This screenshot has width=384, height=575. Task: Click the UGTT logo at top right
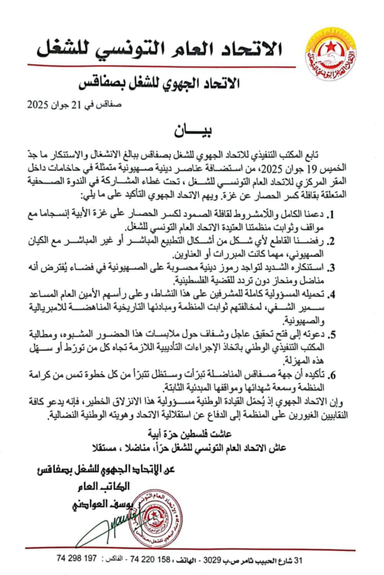(x=330, y=53)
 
